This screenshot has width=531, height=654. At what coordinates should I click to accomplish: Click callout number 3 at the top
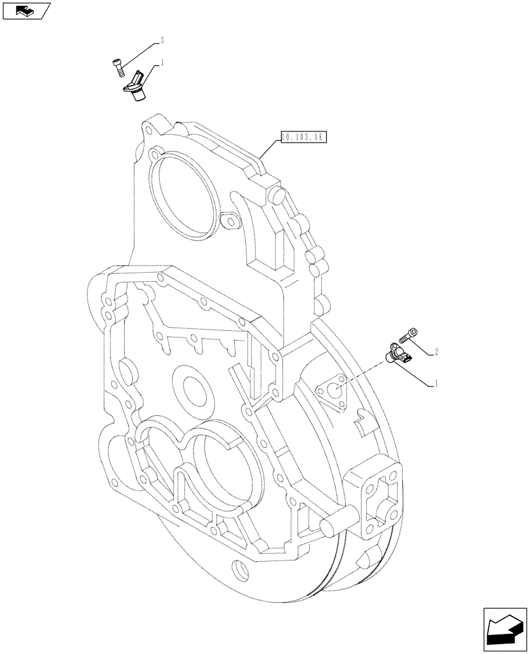click(x=162, y=41)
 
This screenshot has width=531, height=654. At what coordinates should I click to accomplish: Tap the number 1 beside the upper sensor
click(x=162, y=63)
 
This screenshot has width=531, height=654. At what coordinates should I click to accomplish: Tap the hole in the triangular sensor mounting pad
click(x=333, y=392)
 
